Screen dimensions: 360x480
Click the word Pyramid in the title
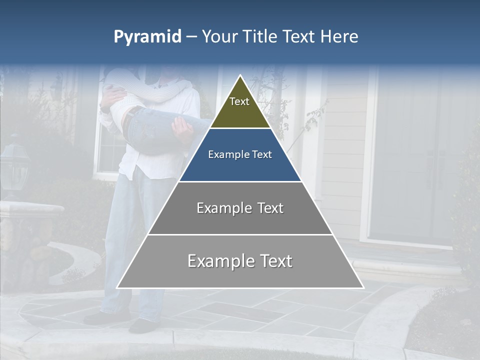[x=147, y=37]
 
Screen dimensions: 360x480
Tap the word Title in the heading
[x=259, y=37]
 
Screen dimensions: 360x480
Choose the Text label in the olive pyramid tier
[x=239, y=102]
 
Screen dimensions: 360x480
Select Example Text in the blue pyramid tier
[x=240, y=155]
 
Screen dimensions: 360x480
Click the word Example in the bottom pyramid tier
[x=217, y=261]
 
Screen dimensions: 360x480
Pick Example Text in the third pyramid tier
[x=240, y=208]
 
